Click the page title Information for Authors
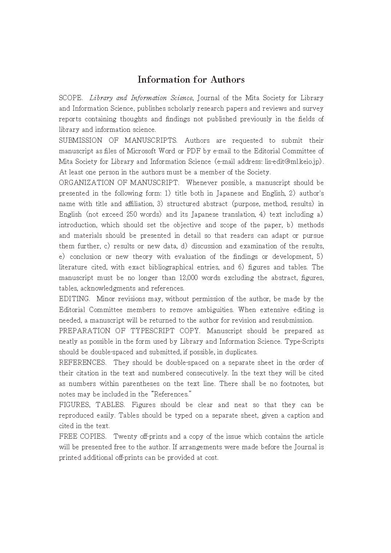click(x=191, y=79)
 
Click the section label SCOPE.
click(x=71, y=98)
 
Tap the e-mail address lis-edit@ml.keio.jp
click(x=294, y=161)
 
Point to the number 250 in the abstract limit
click(x=131, y=214)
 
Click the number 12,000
click(x=189, y=278)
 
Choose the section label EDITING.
click(x=74, y=299)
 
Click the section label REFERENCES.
click(x=83, y=363)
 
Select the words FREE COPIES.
click(x=83, y=437)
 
